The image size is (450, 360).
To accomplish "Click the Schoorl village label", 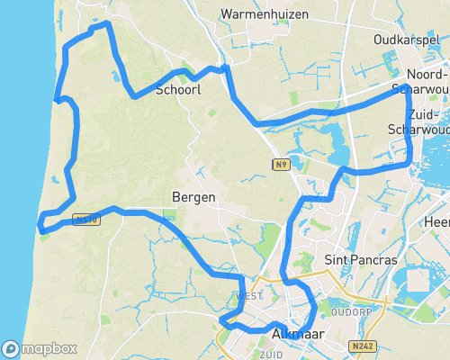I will click(x=177, y=90).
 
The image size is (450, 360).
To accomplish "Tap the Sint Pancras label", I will click(x=360, y=260).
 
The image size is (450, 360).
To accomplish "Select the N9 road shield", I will click(x=282, y=164).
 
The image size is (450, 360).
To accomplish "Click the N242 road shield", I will click(x=364, y=345).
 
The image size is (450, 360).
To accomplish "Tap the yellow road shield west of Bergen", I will click(x=85, y=218).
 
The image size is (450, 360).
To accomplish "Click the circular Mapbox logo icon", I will click(x=12, y=348).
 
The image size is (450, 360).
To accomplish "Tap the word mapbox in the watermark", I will click(x=49, y=348).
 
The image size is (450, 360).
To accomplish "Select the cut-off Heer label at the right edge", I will click(x=438, y=221).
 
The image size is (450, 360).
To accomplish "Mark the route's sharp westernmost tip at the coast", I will click(x=40, y=222).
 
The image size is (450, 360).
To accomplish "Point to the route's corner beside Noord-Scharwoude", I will click(x=407, y=87).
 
